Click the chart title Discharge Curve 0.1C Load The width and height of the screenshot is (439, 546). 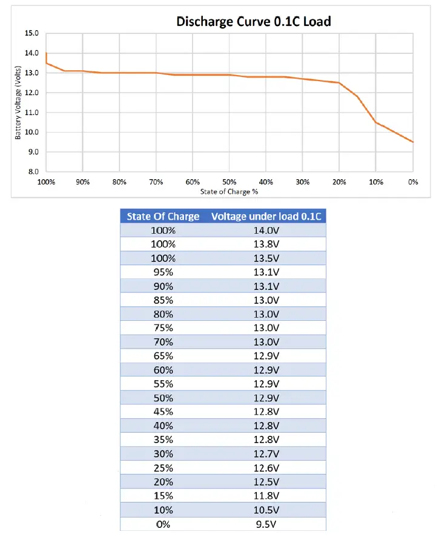[x=254, y=22]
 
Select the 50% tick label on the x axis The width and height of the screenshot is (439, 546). [x=229, y=182]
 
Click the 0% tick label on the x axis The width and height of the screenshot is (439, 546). [x=412, y=182]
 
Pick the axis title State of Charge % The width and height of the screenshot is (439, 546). [x=229, y=191]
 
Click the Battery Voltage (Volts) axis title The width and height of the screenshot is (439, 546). [x=18, y=103]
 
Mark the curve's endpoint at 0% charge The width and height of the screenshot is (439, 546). [x=413, y=142]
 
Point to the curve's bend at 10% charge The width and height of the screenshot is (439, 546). [x=376, y=122]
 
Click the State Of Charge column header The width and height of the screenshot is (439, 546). [x=163, y=216]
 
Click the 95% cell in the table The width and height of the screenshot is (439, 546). [x=163, y=272]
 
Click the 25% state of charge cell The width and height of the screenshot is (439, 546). [x=163, y=467]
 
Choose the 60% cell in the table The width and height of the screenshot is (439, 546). [x=163, y=370]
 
